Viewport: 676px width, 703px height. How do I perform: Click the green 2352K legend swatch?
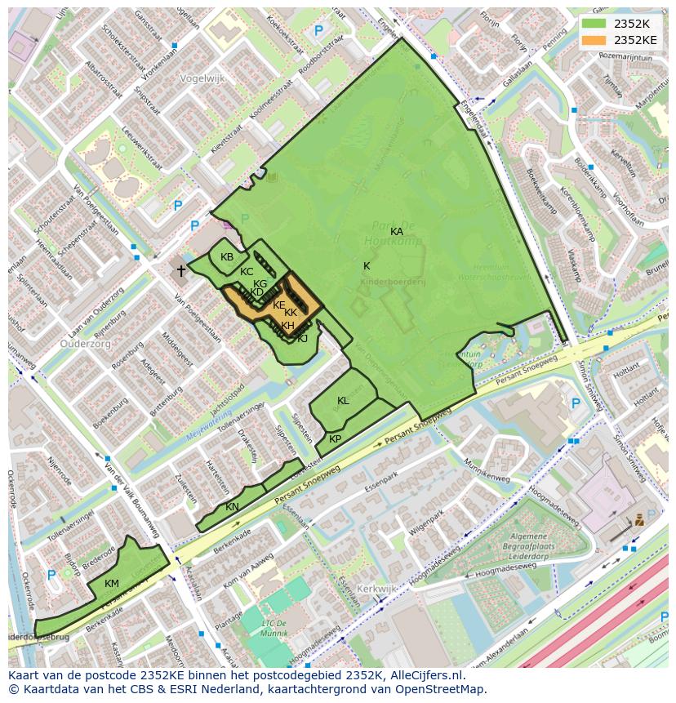click(594, 23)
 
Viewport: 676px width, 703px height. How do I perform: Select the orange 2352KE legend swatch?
click(594, 39)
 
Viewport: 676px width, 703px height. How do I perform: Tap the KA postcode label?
click(397, 232)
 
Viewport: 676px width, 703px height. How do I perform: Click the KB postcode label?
click(227, 257)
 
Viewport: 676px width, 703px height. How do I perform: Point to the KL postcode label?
click(343, 401)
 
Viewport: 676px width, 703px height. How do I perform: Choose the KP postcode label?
click(335, 439)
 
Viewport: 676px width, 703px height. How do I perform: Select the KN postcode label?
click(233, 507)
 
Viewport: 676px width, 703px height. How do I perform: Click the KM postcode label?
click(112, 583)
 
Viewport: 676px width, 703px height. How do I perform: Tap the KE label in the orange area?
click(279, 305)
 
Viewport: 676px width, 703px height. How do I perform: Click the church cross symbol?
click(181, 269)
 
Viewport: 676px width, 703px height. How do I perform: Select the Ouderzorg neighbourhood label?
click(86, 344)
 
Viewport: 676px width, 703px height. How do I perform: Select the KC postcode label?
click(247, 272)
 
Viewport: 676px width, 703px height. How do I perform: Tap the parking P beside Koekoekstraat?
click(318, 30)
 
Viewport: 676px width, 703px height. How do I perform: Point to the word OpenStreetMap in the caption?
click(443, 689)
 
